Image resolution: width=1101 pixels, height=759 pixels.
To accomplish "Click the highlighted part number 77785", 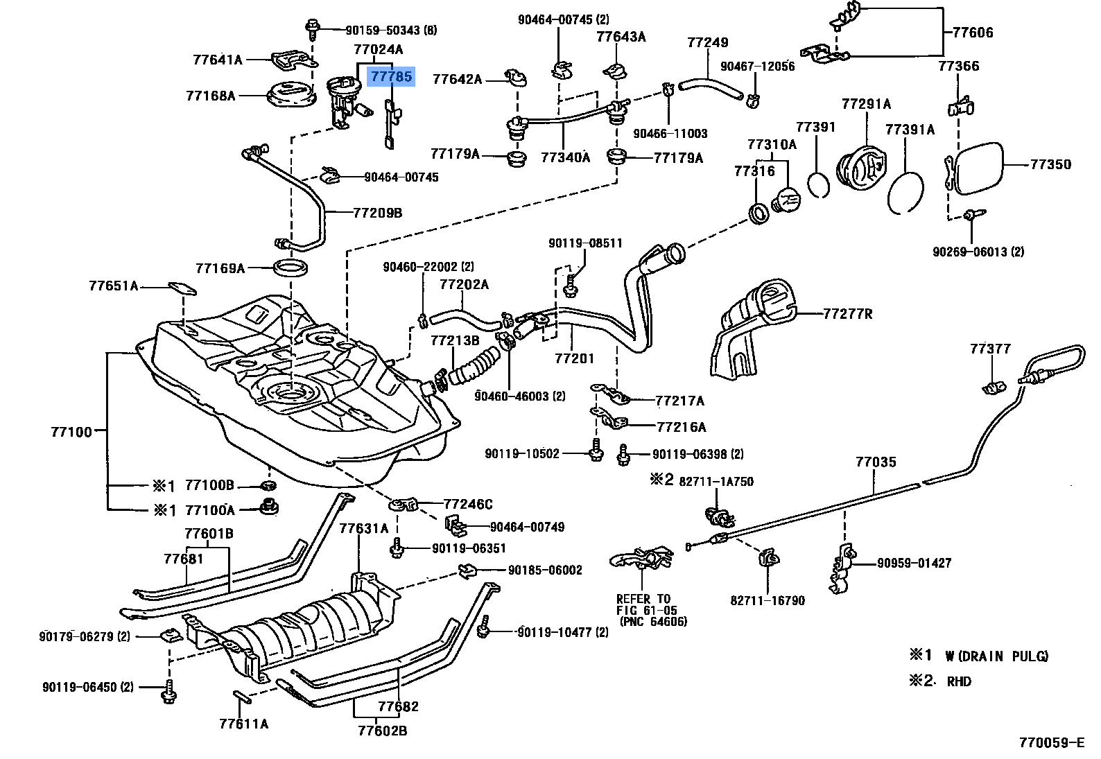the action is pyautogui.click(x=391, y=77).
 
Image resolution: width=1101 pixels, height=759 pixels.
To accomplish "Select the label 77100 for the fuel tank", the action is pyautogui.click(x=71, y=432).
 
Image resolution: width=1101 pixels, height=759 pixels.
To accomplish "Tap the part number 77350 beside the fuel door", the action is pyautogui.click(x=1050, y=164).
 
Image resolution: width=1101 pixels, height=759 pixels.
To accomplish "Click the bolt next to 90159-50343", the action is pyautogui.click(x=311, y=29).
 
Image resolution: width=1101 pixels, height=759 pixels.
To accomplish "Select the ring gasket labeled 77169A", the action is pyautogui.click(x=291, y=269).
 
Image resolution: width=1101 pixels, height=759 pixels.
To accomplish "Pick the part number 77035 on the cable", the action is pyautogui.click(x=876, y=462).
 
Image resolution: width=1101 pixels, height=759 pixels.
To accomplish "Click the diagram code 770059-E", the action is pyautogui.click(x=1051, y=743).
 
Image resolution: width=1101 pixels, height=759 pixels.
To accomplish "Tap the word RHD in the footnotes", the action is pyautogui.click(x=958, y=681).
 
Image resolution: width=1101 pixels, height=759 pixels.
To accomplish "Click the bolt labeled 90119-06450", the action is pyautogui.click(x=168, y=691).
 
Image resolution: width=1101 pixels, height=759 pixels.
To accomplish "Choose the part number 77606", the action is pyautogui.click(x=972, y=33).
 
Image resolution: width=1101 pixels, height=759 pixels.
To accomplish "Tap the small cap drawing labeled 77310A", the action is pyautogui.click(x=786, y=200).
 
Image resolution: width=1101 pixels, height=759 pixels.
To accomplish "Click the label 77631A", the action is pyautogui.click(x=364, y=528).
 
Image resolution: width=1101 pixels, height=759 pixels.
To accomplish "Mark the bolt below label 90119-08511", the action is pyautogui.click(x=570, y=286).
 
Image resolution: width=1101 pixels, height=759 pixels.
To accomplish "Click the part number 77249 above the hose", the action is pyautogui.click(x=707, y=42).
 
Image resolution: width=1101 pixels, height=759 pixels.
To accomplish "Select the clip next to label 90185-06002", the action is pyautogui.click(x=468, y=570).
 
